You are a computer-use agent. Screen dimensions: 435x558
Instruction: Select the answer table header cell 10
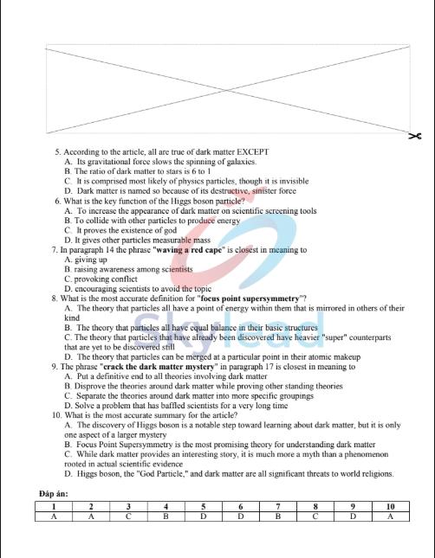click(390, 506)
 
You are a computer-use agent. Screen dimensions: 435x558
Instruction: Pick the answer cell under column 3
click(128, 516)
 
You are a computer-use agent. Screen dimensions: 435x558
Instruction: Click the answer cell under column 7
click(277, 516)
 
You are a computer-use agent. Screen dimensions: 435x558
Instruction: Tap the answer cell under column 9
click(352, 516)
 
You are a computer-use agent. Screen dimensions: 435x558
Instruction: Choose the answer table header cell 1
click(54, 506)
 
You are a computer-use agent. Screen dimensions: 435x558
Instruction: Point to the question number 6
click(55, 201)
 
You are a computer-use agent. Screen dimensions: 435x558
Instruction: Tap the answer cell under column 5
click(203, 516)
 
